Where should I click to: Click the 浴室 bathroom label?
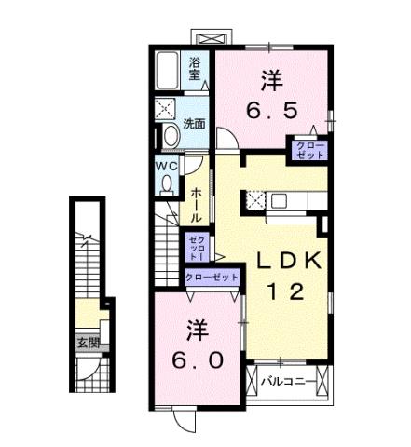195,70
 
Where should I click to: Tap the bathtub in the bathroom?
171,69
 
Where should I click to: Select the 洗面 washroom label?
194,124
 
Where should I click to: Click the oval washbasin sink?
169,136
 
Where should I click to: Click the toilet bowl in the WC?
167,183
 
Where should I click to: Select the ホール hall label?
197,204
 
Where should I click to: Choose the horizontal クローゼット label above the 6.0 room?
213,278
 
